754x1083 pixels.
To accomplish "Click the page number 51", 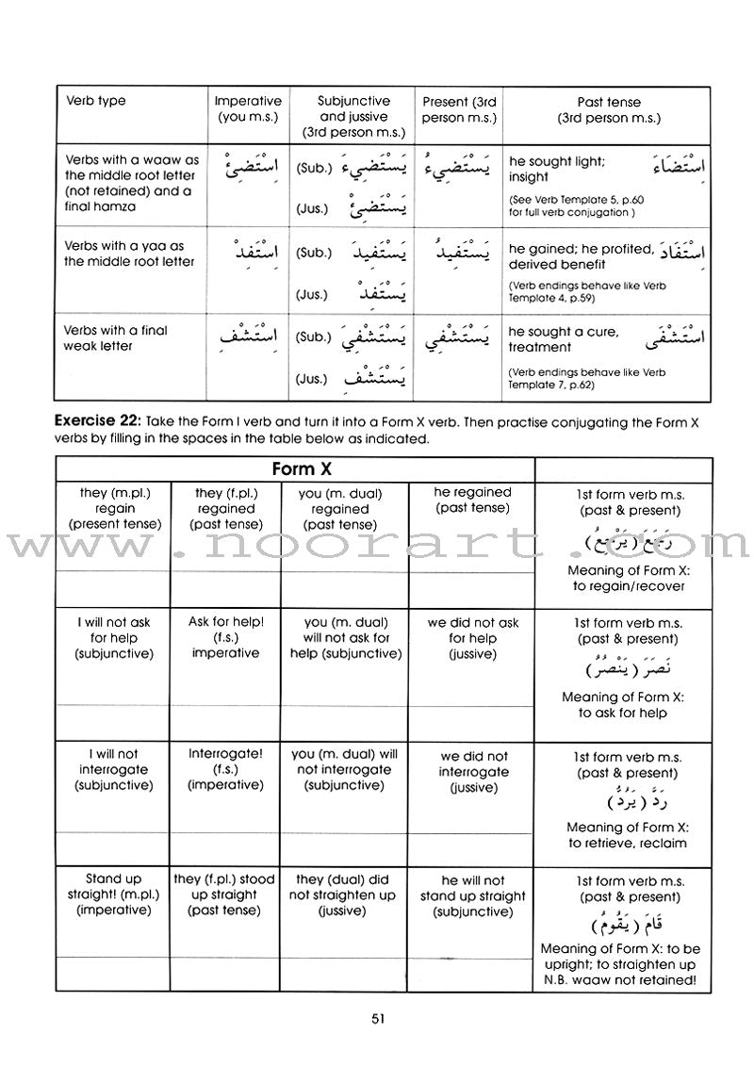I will [377, 1018].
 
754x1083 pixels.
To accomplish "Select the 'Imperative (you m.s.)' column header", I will [248, 109].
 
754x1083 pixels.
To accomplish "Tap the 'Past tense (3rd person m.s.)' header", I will [610, 109].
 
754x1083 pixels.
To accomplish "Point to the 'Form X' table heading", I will [295, 468].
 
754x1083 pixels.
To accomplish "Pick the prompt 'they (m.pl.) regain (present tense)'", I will [111, 509].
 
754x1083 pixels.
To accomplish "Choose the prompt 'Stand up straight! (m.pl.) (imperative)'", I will [111, 895].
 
